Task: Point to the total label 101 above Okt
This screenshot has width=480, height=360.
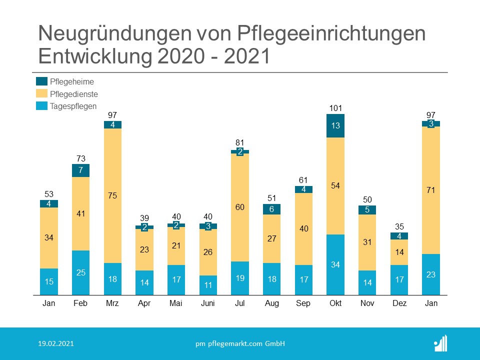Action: pos(335,108)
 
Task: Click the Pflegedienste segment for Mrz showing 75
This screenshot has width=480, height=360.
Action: pos(112,195)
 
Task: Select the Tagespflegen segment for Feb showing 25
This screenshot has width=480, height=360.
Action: pos(80,272)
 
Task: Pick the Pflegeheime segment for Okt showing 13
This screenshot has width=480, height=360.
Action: pos(335,125)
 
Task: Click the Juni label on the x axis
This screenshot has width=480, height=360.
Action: pos(208,303)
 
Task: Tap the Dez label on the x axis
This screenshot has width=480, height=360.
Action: pos(399,303)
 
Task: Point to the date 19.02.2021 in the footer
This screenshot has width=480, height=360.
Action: pos(57,343)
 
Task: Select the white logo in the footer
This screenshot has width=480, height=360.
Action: pos(440,343)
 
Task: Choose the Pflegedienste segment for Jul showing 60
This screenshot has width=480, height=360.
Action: pos(240,207)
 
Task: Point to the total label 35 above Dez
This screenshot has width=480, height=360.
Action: pos(399,226)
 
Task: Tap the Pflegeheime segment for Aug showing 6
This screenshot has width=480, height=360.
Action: pos(271,209)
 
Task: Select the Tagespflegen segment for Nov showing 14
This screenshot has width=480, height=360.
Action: pos(367,282)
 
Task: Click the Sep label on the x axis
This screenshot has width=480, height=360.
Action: pos(303,303)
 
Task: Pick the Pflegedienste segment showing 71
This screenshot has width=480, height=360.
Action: pos(431,190)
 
